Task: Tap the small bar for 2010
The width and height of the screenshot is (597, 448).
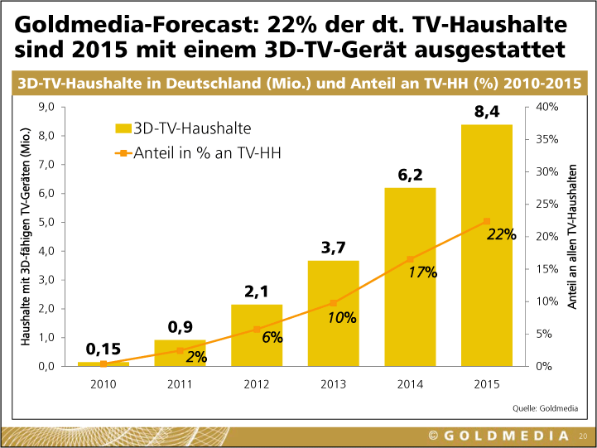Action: pyautogui.click(x=104, y=364)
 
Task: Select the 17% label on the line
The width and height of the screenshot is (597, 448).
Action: pyautogui.click(x=423, y=272)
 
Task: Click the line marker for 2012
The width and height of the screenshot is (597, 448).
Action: pyautogui.click(x=257, y=329)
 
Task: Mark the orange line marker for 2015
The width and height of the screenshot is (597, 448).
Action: pyautogui.click(x=487, y=221)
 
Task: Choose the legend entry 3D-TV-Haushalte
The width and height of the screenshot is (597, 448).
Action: pyautogui.click(x=183, y=128)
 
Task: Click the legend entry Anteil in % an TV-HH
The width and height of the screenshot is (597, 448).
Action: pyautogui.click(x=191, y=153)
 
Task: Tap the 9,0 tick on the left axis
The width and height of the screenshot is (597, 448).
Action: pyautogui.click(x=46, y=107)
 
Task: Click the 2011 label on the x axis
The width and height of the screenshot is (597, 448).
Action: pyautogui.click(x=180, y=383)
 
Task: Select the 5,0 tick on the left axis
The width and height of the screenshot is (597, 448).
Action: pyautogui.click(x=46, y=222)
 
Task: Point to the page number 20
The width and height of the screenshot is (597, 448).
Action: pyautogui.click(x=583, y=436)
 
